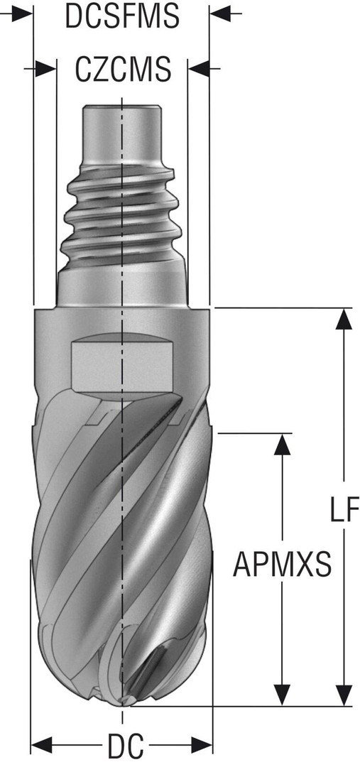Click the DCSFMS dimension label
click(122, 16)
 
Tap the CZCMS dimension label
click(123, 69)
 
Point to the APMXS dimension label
click(282, 564)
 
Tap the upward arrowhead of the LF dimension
click(344, 320)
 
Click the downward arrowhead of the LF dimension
click(344, 695)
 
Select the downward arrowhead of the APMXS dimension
click(281, 695)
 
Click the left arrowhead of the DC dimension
click(42, 746)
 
